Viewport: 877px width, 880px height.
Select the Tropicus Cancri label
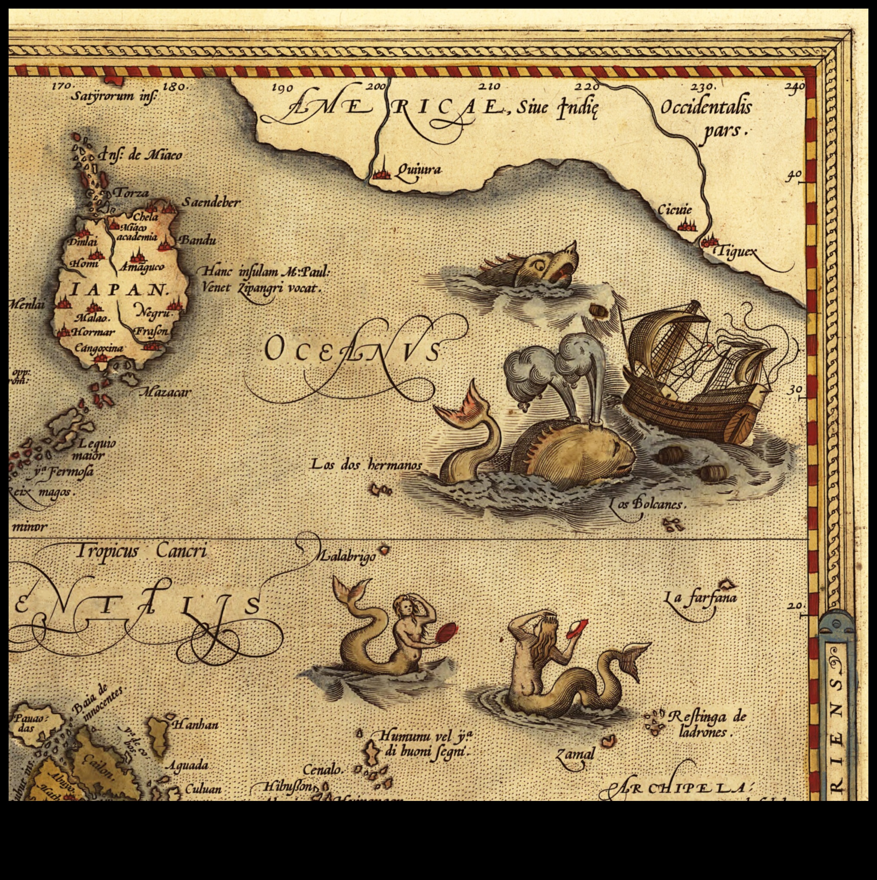click(x=141, y=552)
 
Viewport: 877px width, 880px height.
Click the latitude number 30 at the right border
click(x=795, y=389)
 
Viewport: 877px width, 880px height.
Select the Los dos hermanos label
click(x=366, y=465)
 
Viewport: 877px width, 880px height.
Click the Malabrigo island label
click(x=346, y=556)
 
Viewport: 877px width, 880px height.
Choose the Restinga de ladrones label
click(x=706, y=724)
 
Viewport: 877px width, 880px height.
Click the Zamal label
click(x=575, y=754)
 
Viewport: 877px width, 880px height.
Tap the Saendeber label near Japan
click(x=211, y=202)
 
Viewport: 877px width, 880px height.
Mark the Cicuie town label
click(x=674, y=210)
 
